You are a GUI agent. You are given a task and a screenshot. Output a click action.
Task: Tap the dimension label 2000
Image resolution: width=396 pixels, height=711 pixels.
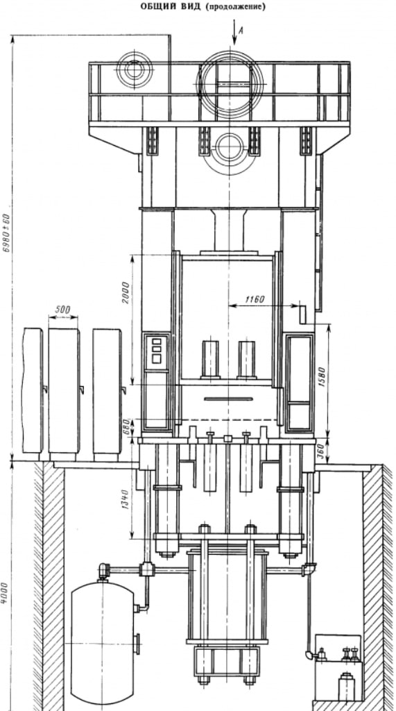pyautogui.click(x=126, y=292)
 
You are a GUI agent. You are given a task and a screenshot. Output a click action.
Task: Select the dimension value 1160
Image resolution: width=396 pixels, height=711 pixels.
pyautogui.click(x=255, y=299)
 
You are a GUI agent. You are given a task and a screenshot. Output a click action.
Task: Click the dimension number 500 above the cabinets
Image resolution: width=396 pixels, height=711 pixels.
pyautogui.click(x=62, y=310)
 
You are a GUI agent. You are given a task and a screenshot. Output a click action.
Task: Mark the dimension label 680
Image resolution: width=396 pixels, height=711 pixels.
pyautogui.click(x=127, y=427)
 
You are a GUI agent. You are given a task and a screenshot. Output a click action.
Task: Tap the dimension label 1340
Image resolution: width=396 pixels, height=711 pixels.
pyautogui.click(x=126, y=499)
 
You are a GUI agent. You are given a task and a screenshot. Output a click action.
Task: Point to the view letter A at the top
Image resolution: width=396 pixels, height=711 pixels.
pyautogui.click(x=241, y=31)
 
